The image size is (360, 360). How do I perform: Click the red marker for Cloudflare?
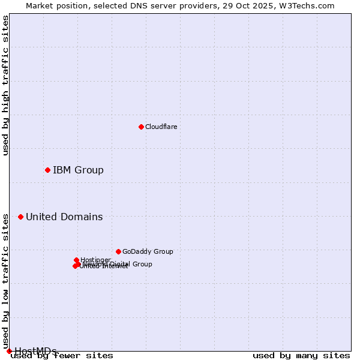pos(141,127)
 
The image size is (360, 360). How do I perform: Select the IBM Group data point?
pos(47,170)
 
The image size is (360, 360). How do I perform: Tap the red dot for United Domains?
pos(20,217)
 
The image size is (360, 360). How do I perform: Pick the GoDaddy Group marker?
pos(118,251)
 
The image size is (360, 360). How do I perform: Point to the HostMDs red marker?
pos(9,351)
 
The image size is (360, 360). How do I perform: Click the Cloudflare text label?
pos(161,127)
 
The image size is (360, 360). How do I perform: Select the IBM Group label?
pos(78,170)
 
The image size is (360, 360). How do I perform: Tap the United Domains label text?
pos(64,217)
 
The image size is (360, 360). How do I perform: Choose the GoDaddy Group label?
pos(148,251)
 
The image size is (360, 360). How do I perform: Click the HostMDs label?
pos(35,351)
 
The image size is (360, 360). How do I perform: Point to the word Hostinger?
pos(95,260)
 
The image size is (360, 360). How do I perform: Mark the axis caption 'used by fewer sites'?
pos(62,356)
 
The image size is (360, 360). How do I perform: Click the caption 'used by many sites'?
pos(301,356)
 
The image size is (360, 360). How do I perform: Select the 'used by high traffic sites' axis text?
pos(6,85)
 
